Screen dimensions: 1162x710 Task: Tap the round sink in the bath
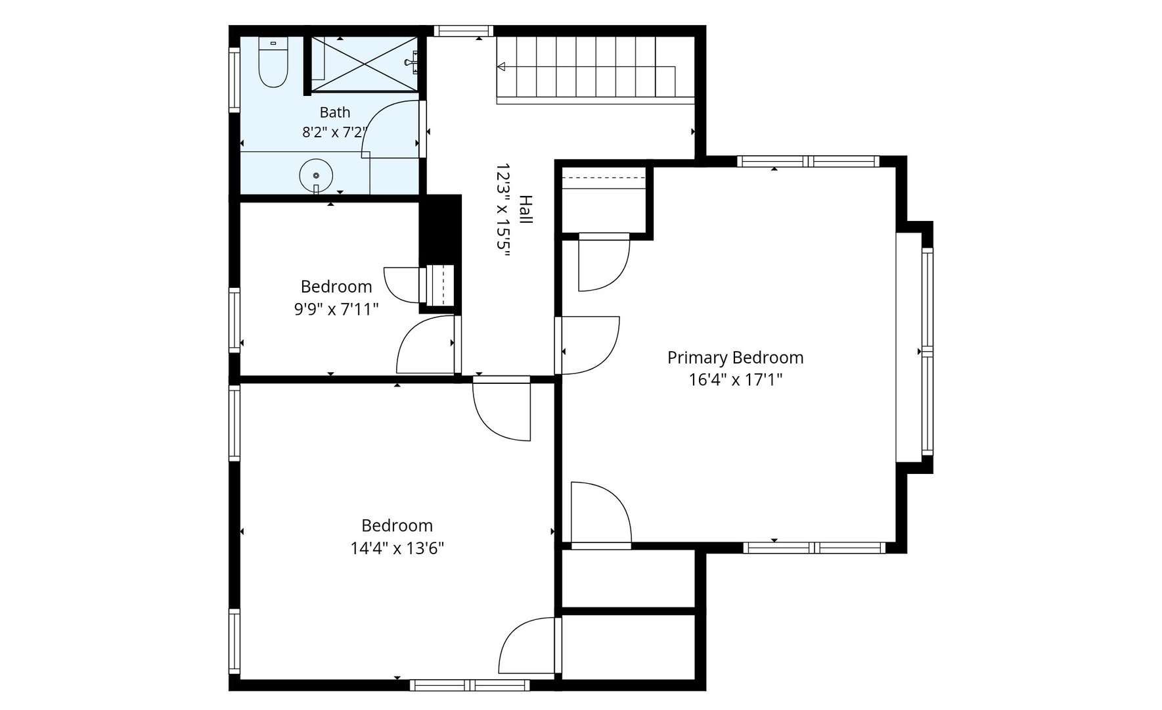tap(316, 176)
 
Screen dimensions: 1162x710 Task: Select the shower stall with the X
tap(364, 64)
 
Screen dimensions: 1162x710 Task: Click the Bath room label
tap(335, 112)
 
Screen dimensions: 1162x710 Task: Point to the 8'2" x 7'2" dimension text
tap(334, 132)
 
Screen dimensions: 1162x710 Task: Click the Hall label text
tap(525, 210)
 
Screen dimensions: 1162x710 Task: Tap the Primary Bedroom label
tap(735, 358)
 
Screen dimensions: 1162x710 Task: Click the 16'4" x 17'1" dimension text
tap(735, 379)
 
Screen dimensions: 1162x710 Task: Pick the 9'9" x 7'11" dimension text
tap(336, 309)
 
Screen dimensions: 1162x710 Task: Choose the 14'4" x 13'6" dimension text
tap(397, 548)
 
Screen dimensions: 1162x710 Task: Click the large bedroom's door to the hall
tap(501, 412)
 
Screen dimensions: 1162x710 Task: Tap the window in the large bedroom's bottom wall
tap(470, 685)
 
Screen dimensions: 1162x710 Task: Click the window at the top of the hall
tap(463, 30)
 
